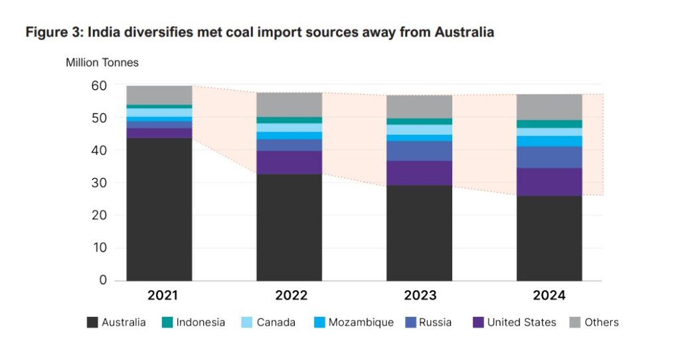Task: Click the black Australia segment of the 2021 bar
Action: [x=159, y=209]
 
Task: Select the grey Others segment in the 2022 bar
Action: [x=290, y=104]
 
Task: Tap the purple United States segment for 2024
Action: [x=549, y=182]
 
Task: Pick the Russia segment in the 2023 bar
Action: [x=419, y=151]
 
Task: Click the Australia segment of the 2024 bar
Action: [x=549, y=238]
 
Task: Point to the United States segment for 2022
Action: [x=290, y=162]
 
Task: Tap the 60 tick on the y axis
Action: [x=99, y=86]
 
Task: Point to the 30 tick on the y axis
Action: [x=99, y=183]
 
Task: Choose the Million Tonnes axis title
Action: [x=102, y=63]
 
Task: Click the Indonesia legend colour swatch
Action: [x=167, y=323]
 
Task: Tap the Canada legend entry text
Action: [x=276, y=323]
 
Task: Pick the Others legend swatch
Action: [x=575, y=323]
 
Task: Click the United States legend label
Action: [x=521, y=323]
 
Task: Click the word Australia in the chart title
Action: [x=463, y=32]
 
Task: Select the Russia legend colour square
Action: [x=410, y=323]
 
